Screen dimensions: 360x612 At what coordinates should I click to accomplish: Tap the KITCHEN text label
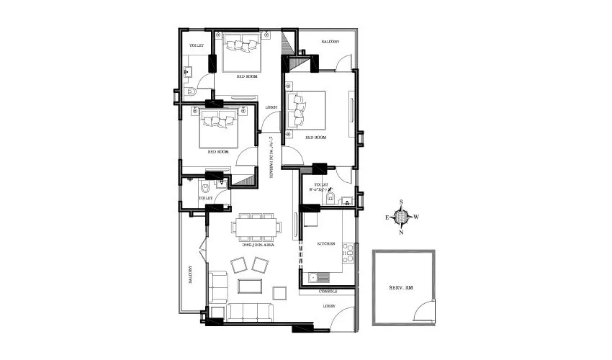326,244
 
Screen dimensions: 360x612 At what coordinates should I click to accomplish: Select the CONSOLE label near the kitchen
328,292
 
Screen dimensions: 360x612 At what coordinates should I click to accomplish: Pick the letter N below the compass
402,232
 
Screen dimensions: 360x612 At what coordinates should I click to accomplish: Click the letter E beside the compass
387,216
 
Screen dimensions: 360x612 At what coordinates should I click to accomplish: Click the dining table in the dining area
256,228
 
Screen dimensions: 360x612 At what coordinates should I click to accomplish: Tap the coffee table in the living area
250,286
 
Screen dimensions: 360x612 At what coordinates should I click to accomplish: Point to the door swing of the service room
425,311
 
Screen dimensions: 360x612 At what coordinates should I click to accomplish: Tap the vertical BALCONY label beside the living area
190,273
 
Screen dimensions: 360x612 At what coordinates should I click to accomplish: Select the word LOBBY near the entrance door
328,305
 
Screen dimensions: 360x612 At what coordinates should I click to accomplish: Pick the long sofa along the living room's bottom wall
248,312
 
